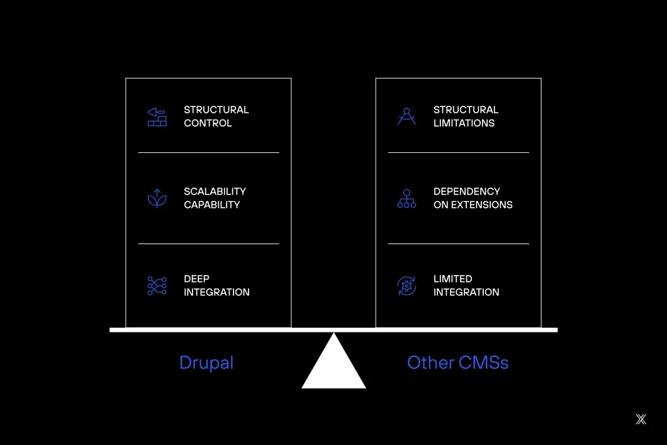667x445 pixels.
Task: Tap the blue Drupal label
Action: tap(206, 363)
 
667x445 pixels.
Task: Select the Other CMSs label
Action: tap(457, 363)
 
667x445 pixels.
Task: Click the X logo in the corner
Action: tap(641, 419)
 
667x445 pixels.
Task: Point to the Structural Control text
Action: tap(216, 116)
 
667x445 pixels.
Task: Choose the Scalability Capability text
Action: tap(215, 198)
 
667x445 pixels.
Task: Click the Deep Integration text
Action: tap(216, 286)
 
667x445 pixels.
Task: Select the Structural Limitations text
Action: tap(466, 116)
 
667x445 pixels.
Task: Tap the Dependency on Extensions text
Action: tap(473, 198)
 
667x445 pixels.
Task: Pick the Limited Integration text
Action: tap(466, 286)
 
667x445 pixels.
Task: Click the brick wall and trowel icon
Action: tap(157, 117)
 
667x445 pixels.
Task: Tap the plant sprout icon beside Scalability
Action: tap(157, 198)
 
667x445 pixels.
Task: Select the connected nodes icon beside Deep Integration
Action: tap(157, 286)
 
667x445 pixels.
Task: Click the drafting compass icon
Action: tap(406, 116)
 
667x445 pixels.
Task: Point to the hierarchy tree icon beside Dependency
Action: tap(406, 198)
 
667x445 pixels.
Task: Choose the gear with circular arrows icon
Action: tap(406, 286)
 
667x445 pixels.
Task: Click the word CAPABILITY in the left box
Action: tap(211, 205)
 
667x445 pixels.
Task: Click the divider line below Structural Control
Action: tap(208, 152)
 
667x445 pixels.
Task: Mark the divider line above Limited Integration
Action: tap(458, 244)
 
